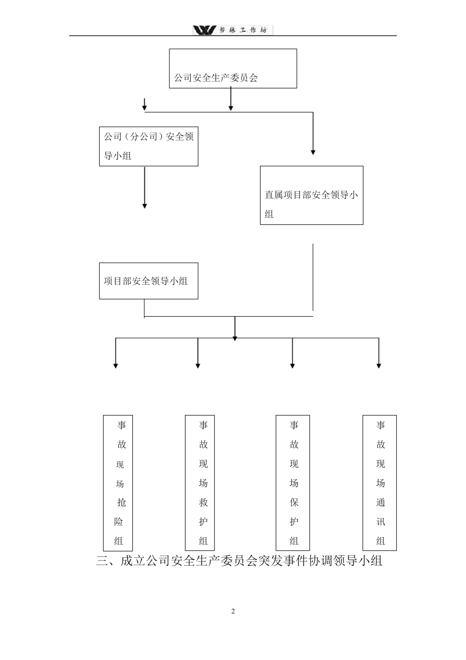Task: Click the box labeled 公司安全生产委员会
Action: click(x=233, y=69)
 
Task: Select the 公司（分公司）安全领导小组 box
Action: click(x=149, y=146)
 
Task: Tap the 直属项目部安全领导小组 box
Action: click(x=311, y=195)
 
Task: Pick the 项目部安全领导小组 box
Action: click(x=149, y=281)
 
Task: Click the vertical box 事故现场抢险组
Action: click(x=119, y=483)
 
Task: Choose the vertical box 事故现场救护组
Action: click(x=200, y=483)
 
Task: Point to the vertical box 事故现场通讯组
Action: click(x=380, y=483)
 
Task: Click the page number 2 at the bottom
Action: click(x=233, y=611)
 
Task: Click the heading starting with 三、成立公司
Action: click(x=239, y=561)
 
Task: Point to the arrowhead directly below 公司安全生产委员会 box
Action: click(x=231, y=108)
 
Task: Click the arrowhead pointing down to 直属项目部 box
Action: click(x=313, y=152)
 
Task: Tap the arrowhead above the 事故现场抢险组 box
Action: click(x=116, y=365)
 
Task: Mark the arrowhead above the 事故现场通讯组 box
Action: click(x=379, y=365)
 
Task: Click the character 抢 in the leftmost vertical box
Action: click(x=121, y=502)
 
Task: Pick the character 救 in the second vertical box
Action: click(x=203, y=502)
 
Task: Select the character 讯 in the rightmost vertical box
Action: click(x=381, y=522)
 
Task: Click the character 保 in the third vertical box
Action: click(x=294, y=502)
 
